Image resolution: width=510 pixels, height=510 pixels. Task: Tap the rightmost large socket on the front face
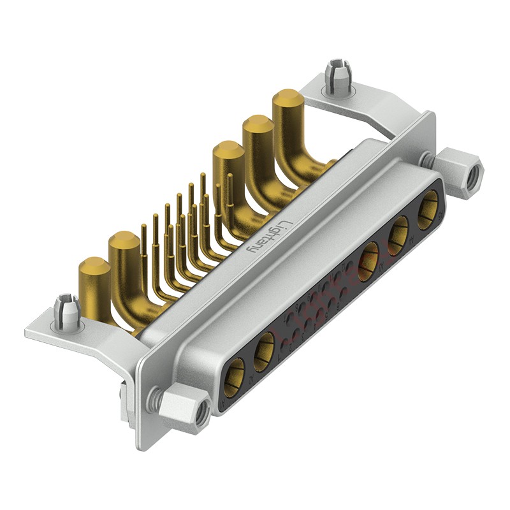pos(428,207)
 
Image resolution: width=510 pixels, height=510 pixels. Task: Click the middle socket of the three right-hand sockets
pos(399,231)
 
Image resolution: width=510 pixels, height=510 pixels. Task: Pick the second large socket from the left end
pos(264,353)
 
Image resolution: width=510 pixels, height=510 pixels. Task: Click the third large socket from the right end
pos(368,261)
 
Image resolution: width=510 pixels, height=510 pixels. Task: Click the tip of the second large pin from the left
pos(124,242)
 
